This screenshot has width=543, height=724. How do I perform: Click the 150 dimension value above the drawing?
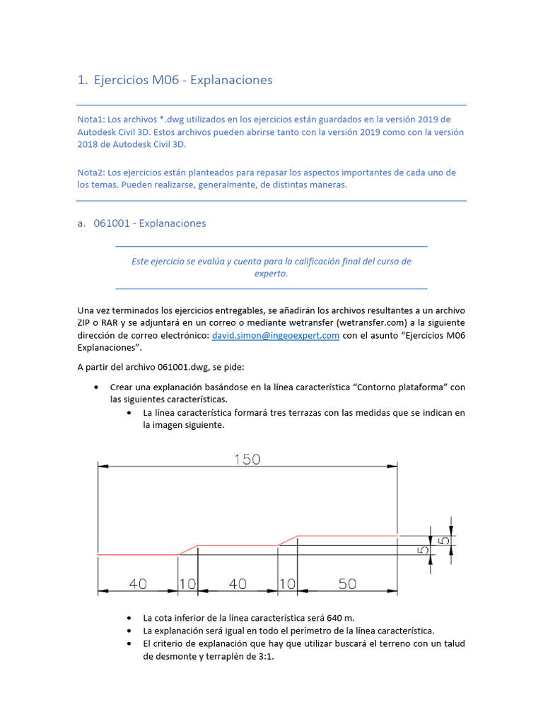tap(247, 460)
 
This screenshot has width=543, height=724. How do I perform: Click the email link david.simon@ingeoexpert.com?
tap(276, 336)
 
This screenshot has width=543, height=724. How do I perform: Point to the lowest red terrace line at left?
tap(136, 556)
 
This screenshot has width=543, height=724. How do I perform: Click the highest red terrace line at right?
tap(346, 536)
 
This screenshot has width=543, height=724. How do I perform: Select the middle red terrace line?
tap(238, 545)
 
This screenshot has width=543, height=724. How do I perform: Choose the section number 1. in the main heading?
tap(82, 81)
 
